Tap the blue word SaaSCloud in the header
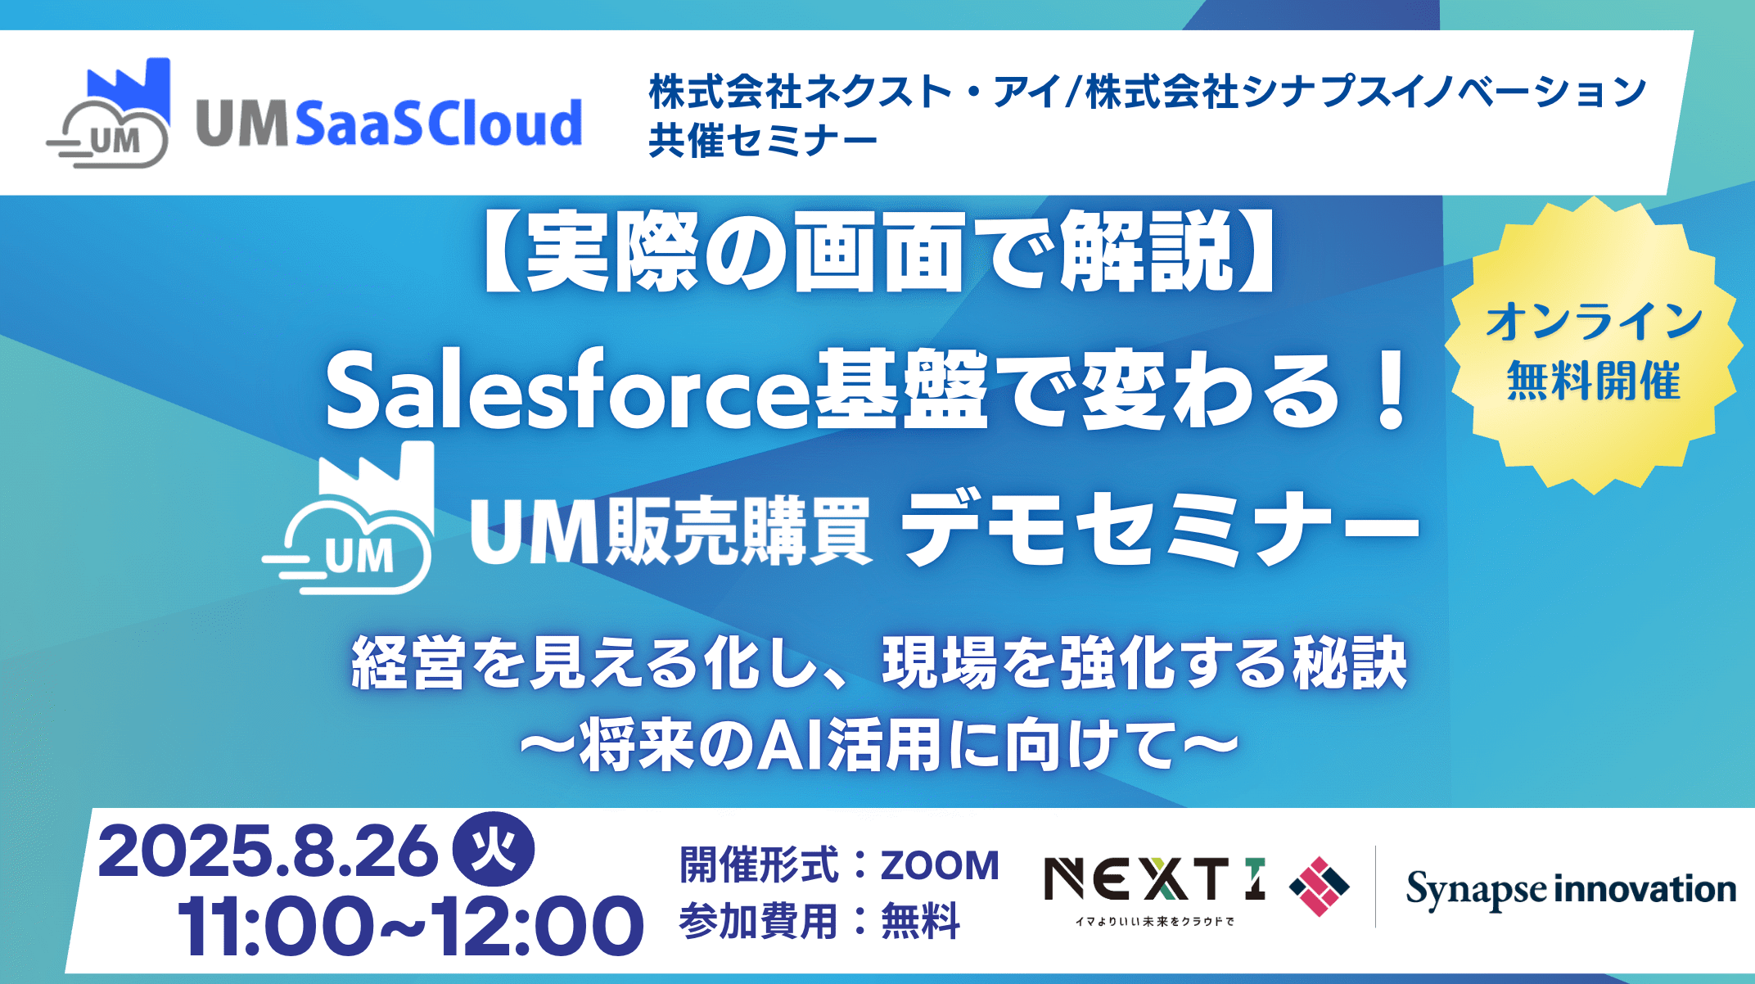[438, 124]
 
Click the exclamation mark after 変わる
[1391, 390]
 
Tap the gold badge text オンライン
[1594, 320]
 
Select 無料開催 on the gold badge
[1594, 381]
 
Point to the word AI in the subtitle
[790, 745]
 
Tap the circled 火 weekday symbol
[493, 849]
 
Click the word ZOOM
[940, 865]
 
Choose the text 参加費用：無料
[819, 921]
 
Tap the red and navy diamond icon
[1320, 886]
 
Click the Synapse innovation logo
[1571, 890]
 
